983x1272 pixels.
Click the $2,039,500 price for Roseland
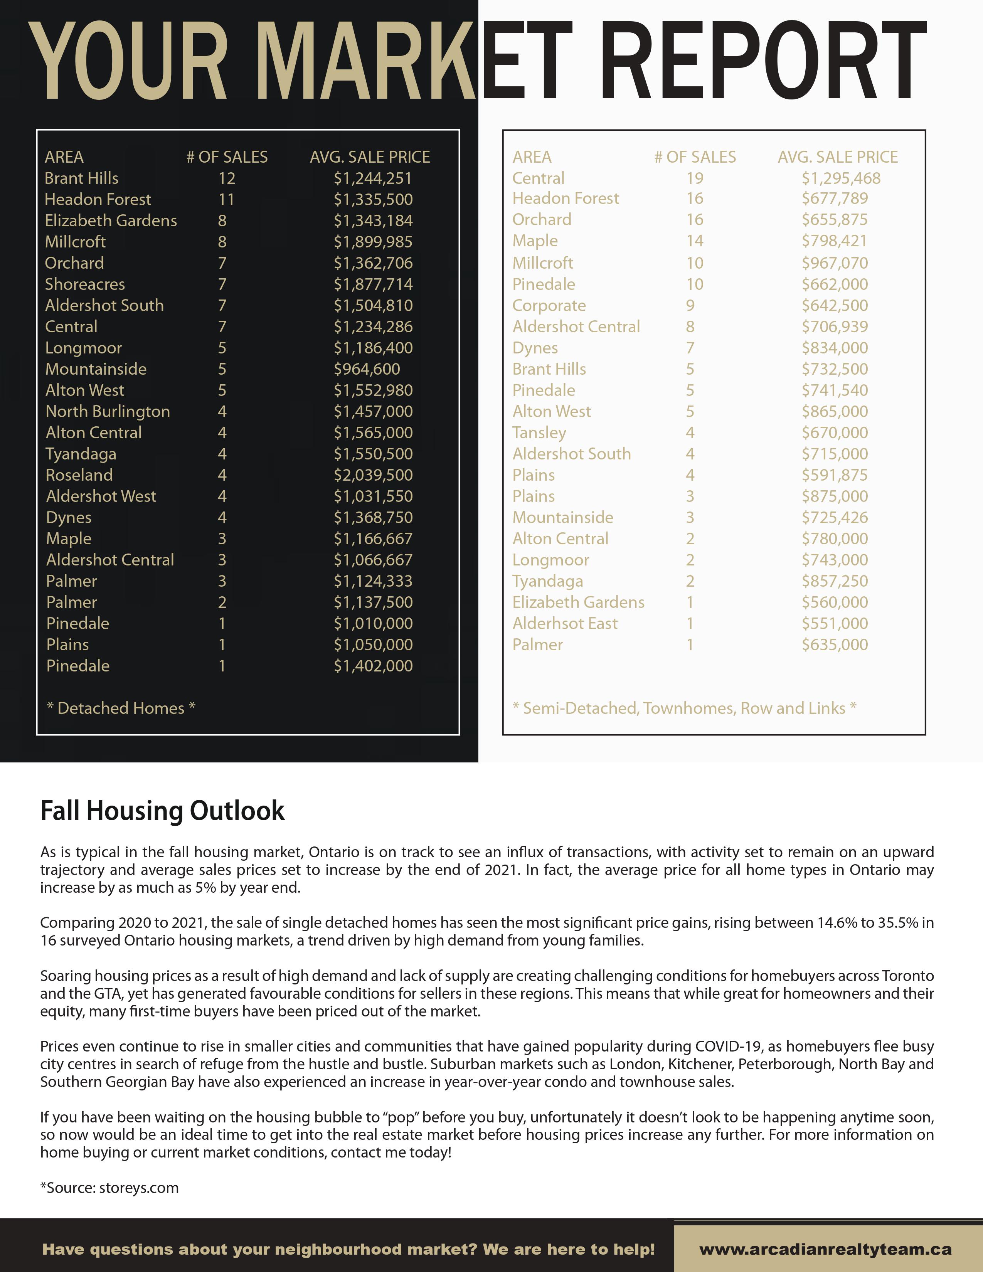click(x=373, y=475)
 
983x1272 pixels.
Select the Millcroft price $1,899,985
click(x=373, y=242)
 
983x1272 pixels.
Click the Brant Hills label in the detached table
click(x=81, y=178)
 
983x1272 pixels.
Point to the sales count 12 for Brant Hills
click(x=227, y=178)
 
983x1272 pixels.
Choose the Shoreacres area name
click(x=85, y=284)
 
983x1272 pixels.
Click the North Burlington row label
click(x=108, y=412)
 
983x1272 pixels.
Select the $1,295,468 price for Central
click(x=840, y=178)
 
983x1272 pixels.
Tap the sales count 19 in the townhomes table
click(x=695, y=178)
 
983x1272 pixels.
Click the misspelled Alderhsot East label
click(x=565, y=624)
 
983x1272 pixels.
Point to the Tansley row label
click(x=539, y=433)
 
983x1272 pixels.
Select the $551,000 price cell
click(x=835, y=624)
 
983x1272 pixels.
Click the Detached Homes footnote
click(x=121, y=708)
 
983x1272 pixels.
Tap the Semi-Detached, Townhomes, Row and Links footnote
click(x=684, y=708)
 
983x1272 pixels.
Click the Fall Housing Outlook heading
click(x=162, y=811)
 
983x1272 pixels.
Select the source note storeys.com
click(x=109, y=1188)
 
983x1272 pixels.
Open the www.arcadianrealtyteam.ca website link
click(x=825, y=1249)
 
